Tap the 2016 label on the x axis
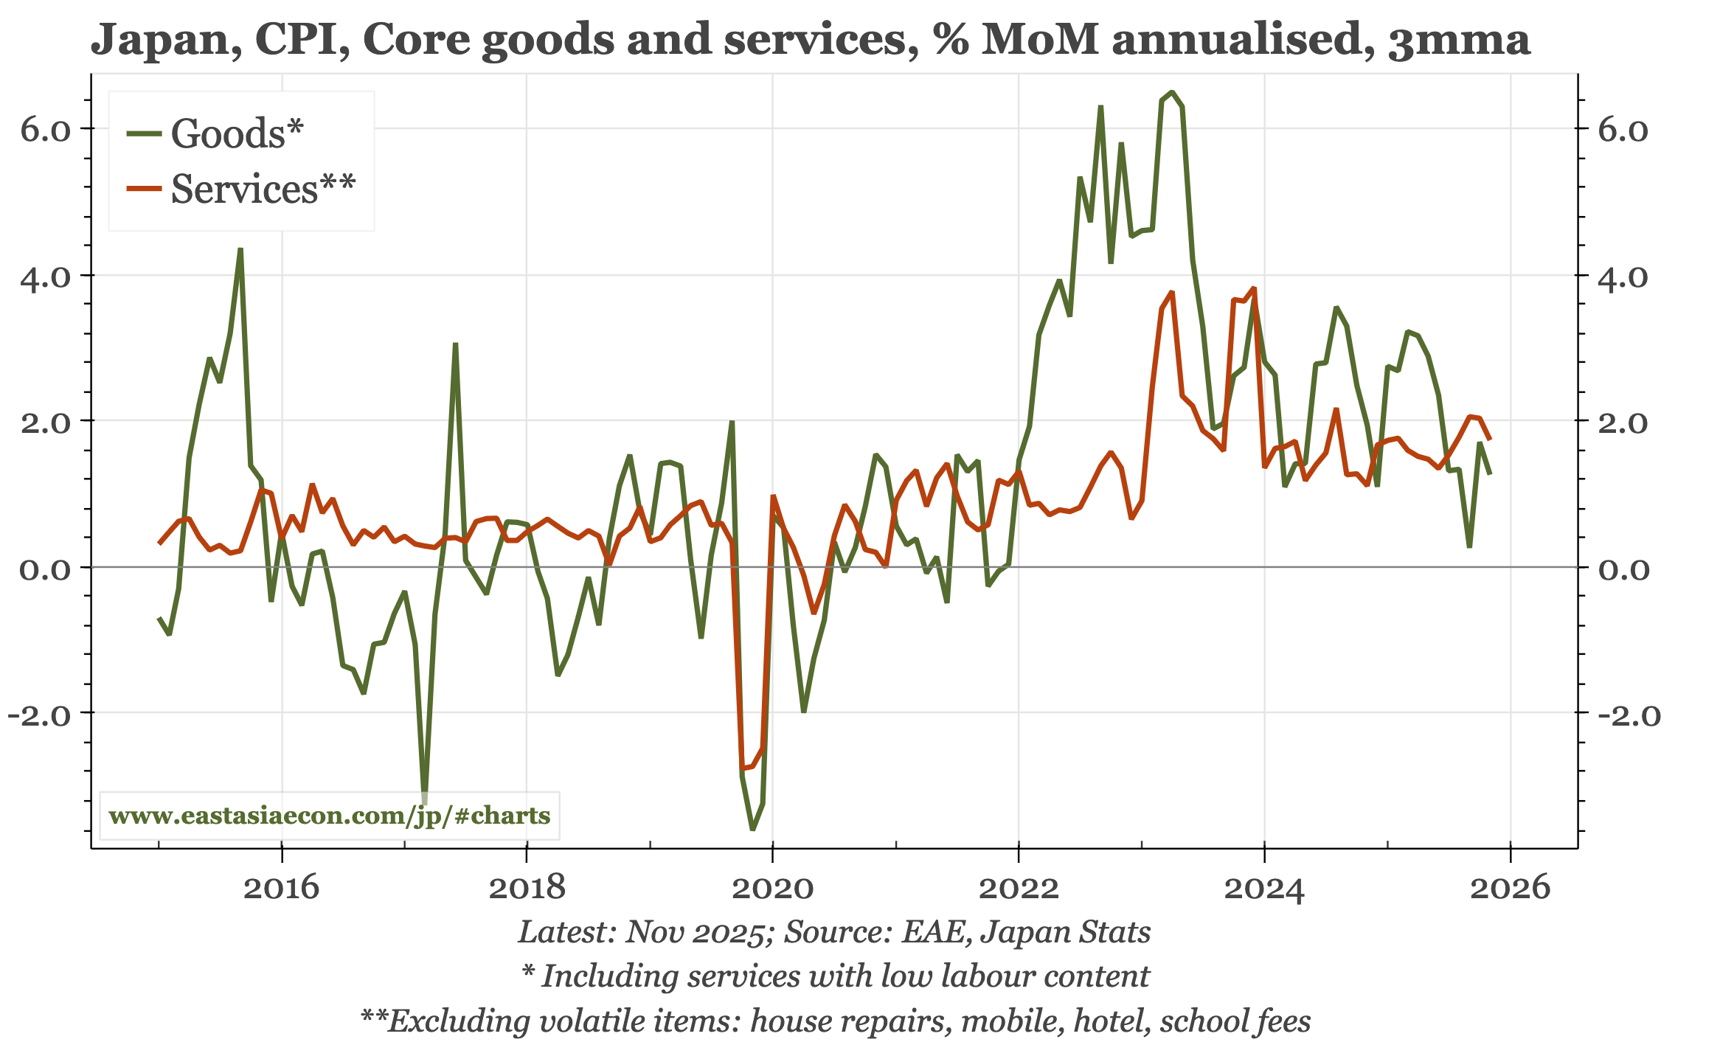(x=281, y=887)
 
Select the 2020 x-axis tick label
(x=772, y=887)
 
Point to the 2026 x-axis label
(x=1510, y=887)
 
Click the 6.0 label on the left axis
(x=45, y=131)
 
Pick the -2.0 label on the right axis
(x=1629, y=715)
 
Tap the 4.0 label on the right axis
(x=1623, y=277)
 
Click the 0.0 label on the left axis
(x=45, y=569)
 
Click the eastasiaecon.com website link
(x=329, y=816)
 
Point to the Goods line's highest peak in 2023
(x=1172, y=92)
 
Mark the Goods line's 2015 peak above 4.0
(x=240, y=249)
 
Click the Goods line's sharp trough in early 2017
(x=424, y=802)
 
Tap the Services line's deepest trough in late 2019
(x=743, y=768)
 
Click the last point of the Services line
(x=1490, y=439)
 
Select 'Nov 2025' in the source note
(x=694, y=932)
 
